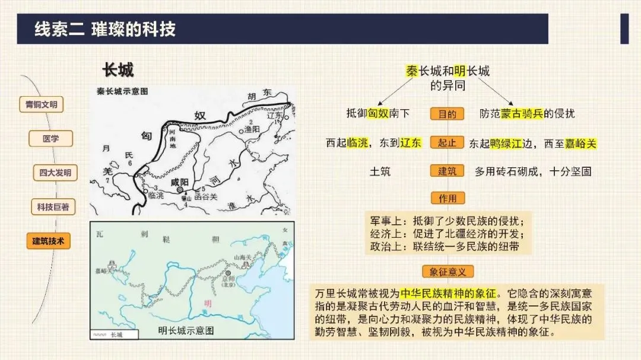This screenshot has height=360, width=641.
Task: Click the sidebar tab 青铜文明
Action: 41,104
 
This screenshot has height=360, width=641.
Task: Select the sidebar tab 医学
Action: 51,139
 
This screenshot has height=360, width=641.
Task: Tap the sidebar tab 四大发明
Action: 55,173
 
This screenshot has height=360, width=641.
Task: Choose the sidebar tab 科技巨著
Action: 53,207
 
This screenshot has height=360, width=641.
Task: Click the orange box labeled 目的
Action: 448,114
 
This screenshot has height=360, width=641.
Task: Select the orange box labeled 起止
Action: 448,143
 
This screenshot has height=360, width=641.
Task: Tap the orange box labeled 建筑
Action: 448,171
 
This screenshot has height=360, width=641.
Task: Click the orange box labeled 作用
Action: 448,198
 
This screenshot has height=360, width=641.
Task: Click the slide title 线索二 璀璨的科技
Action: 105,29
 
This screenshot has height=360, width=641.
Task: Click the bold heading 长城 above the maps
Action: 118,70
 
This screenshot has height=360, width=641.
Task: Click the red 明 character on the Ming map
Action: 207,304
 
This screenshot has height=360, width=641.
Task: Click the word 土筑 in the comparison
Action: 380,171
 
